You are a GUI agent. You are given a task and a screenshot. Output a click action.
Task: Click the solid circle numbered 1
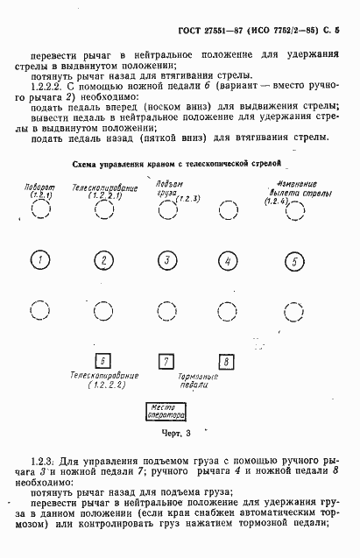pos(39,260)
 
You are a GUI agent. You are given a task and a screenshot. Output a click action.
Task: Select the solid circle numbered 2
pos(103,260)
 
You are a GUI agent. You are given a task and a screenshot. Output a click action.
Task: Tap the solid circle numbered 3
pos(166,260)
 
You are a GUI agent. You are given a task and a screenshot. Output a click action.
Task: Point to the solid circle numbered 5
pos(295,260)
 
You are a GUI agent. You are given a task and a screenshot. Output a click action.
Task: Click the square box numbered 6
pos(102,360)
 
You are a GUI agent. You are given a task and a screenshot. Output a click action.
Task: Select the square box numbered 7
pos(165,360)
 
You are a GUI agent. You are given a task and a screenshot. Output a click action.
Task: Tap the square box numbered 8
pos(227,360)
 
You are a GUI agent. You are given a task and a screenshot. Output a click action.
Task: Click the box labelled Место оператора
pos(164,412)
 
